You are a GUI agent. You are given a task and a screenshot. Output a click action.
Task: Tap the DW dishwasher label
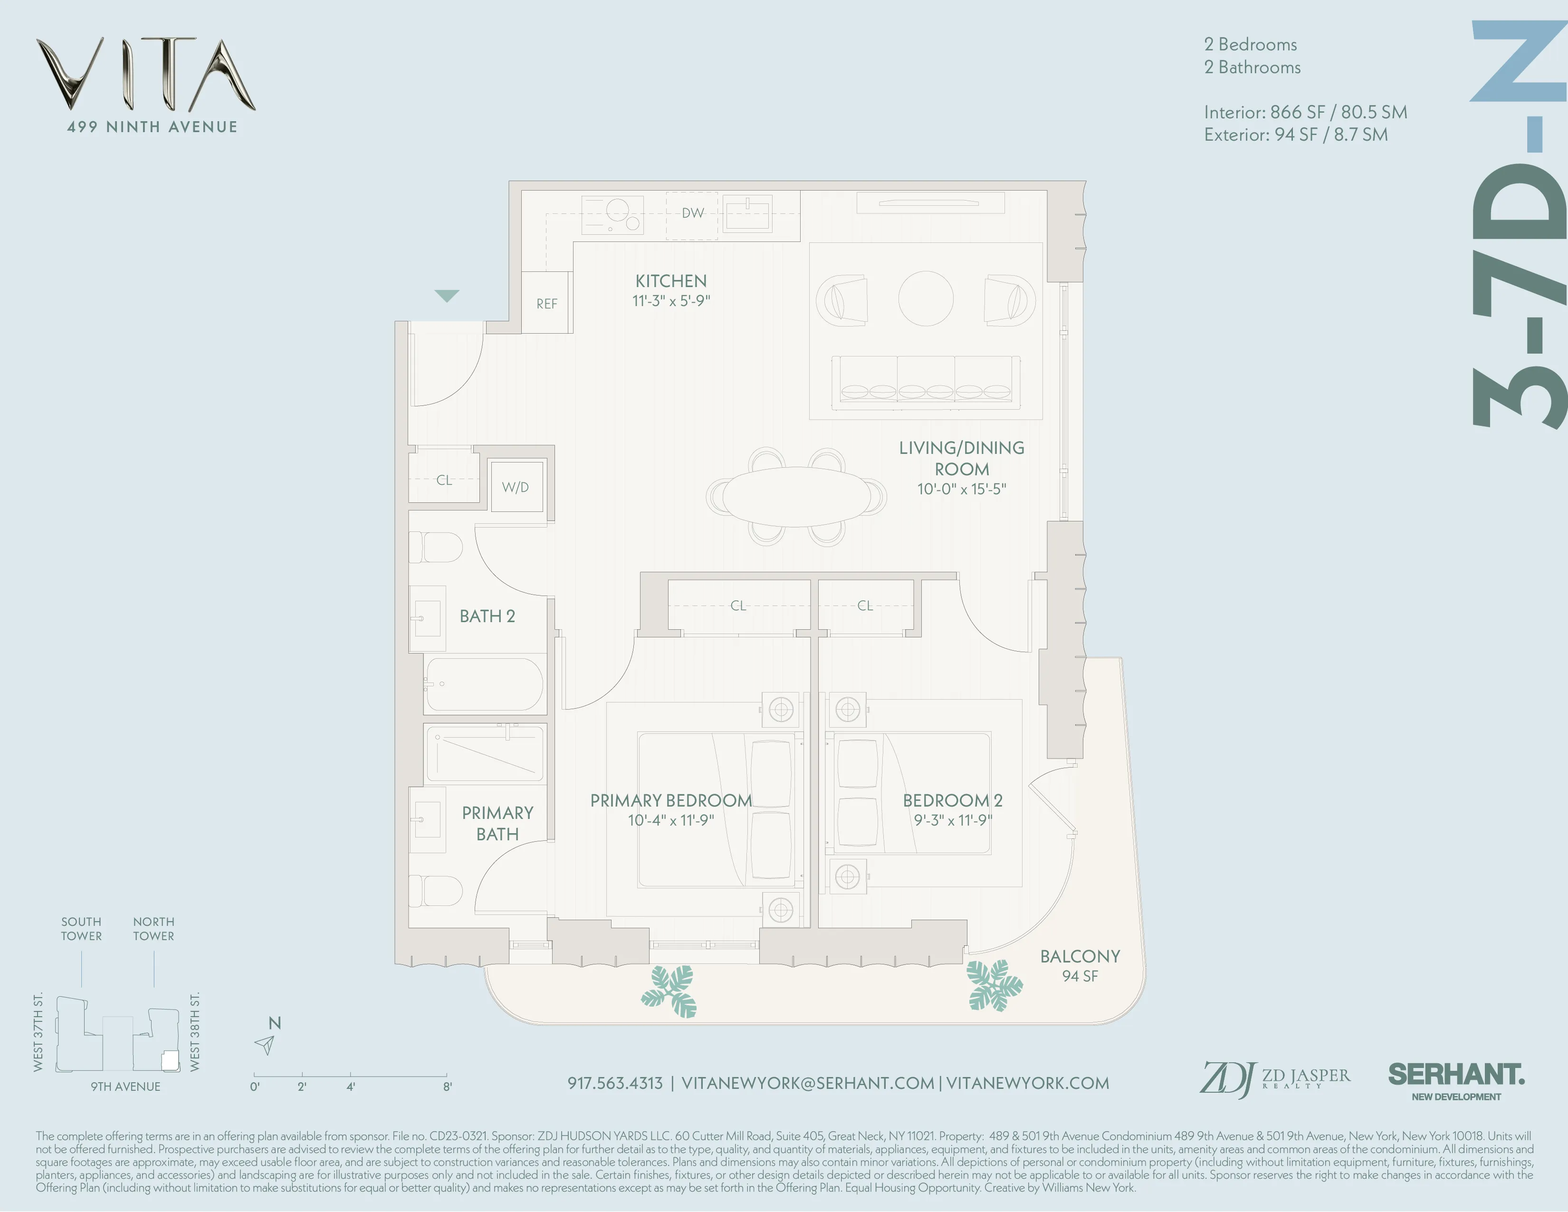click(x=692, y=213)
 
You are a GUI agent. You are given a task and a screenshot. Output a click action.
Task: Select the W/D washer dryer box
click(x=516, y=487)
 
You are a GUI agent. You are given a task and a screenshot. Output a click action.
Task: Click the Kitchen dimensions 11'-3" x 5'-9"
click(x=670, y=301)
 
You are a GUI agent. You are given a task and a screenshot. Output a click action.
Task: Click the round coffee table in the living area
click(x=926, y=298)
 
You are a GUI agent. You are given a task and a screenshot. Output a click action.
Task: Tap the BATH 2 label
click(x=487, y=616)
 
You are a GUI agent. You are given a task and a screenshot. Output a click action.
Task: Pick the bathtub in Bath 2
click(x=485, y=684)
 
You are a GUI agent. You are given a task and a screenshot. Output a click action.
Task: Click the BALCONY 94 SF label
click(x=1080, y=965)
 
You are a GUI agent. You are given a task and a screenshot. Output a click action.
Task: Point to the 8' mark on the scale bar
click(x=447, y=1086)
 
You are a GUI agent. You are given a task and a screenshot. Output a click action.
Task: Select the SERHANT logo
click(x=1456, y=1075)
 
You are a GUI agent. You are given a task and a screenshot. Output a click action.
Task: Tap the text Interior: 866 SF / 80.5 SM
click(x=1304, y=112)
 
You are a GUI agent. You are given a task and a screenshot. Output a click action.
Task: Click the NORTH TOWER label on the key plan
click(x=153, y=928)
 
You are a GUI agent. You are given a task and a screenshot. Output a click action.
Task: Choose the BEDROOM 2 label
click(x=952, y=800)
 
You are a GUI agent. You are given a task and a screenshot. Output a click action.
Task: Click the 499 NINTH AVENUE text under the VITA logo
click(x=152, y=127)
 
